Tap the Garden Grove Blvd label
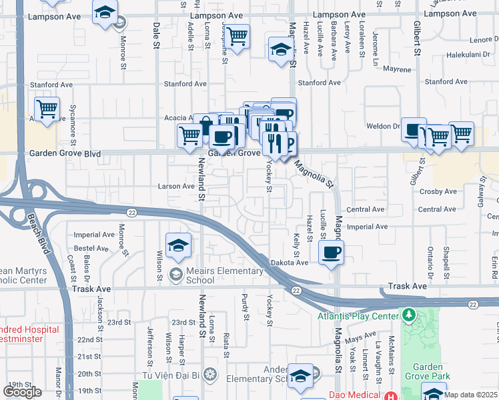point(65,153)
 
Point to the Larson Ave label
point(176,186)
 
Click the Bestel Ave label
point(91,248)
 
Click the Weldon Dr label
point(382,126)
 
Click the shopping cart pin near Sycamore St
point(47,109)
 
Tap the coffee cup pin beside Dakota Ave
point(332,252)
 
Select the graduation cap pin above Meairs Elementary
point(178,246)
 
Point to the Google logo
point(22,392)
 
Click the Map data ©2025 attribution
point(471,395)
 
